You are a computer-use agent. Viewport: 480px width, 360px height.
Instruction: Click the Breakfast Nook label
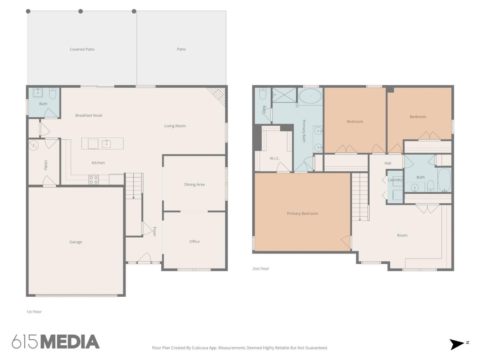click(89, 116)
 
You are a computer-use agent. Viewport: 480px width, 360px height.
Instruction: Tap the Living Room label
click(175, 126)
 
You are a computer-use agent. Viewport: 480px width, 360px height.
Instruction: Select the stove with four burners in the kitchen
click(93, 180)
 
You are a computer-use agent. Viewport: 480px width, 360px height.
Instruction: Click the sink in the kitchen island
click(106, 144)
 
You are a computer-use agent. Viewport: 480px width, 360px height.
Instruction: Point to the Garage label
click(76, 242)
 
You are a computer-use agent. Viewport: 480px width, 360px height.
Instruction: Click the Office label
click(195, 242)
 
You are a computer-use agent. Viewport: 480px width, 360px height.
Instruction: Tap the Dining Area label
click(195, 185)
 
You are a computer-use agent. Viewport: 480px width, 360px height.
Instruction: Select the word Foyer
click(155, 231)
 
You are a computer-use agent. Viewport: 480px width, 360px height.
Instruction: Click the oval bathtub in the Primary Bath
click(310, 96)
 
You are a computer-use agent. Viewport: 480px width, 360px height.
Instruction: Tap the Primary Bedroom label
click(302, 213)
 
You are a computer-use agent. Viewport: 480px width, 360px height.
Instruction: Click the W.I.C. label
click(275, 158)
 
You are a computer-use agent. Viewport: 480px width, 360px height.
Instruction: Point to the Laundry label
click(395, 180)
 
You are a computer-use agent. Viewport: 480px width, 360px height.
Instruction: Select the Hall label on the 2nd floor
click(388, 163)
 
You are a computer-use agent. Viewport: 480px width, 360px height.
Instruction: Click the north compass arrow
click(456, 345)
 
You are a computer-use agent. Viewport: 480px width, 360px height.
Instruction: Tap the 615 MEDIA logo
click(56, 341)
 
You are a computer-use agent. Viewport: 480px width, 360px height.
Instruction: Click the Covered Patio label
click(82, 49)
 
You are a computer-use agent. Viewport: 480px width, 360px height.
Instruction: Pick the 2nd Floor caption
click(261, 269)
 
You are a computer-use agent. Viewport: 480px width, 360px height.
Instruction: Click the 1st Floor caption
click(34, 312)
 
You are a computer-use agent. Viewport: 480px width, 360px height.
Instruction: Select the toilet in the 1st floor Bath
click(52, 93)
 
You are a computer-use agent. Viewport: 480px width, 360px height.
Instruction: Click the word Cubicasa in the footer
click(200, 348)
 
